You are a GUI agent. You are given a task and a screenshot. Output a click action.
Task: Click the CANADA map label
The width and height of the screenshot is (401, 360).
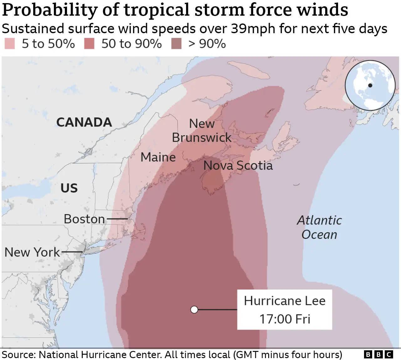(84, 122)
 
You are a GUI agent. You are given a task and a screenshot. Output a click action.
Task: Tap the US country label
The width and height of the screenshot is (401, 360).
(69, 188)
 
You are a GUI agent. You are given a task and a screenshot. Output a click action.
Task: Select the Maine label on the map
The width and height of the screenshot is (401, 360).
(158, 157)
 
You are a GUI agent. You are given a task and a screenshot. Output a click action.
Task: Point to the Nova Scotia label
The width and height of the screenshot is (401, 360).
(238, 165)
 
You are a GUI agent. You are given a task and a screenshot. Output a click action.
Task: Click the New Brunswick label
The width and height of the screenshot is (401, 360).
(202, 131)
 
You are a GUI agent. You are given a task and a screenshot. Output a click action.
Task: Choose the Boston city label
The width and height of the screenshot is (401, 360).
(84, 219)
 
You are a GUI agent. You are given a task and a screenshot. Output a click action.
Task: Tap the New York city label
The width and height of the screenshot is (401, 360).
(32, 252)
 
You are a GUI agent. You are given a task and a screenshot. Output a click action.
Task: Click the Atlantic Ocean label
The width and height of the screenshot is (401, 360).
(319, 227)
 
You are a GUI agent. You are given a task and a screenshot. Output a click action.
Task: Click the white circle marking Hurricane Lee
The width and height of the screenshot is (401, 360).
(194, 310)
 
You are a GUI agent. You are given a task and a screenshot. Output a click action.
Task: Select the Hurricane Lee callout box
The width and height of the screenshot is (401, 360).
(284, 310)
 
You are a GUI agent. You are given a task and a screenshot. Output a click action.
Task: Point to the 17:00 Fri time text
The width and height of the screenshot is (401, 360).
(284, 319)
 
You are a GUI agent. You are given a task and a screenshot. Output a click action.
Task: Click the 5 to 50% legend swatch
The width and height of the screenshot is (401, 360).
(10, 44)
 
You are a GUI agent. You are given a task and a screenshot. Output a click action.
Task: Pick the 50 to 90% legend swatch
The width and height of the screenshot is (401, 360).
(89, 44)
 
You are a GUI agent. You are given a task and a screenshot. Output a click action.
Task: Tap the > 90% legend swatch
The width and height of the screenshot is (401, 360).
(176, 44)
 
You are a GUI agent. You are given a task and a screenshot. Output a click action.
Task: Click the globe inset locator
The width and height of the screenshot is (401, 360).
(370, 85)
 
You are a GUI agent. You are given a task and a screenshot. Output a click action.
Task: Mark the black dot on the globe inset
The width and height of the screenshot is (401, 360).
(370, 85)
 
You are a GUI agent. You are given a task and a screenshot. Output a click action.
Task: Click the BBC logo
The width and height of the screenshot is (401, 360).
(378, 354)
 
